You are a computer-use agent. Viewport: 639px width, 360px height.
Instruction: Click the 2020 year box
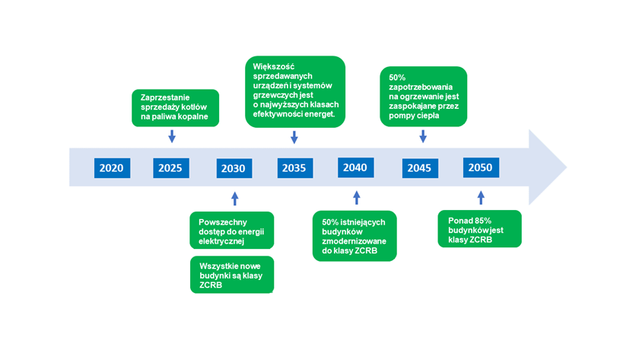coord(112,168)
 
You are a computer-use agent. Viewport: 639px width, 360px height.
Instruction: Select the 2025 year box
coord(171,168)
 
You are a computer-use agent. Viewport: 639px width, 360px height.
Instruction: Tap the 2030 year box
coord(234,168)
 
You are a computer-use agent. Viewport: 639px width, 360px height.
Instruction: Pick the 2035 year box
coord(295,168)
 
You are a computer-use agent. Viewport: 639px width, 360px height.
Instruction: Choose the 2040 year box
coord(356,167)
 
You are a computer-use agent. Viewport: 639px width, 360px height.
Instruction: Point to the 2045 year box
coord(420,168)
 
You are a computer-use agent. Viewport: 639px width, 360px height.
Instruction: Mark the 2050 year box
coord(481,167)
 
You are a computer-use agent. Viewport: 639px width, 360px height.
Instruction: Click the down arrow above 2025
coord(172,136)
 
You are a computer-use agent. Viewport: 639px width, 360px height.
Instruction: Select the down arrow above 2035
coord(294,137)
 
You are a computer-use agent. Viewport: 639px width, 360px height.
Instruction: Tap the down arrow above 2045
coord(423,136)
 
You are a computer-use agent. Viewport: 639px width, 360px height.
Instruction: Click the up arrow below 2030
coord(235,199)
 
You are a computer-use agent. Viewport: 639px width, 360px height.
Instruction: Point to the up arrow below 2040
coord(357,198)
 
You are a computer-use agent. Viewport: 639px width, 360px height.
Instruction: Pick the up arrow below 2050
coord(481,198)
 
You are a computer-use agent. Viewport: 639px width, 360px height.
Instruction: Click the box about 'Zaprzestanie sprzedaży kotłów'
coord(175,107)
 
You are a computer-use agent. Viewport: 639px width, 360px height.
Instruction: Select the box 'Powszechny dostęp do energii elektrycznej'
coord(232,231)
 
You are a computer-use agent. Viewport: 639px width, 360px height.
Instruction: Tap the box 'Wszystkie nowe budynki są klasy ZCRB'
coord(232,275)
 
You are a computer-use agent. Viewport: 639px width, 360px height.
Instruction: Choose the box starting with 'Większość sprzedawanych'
coord(295,92)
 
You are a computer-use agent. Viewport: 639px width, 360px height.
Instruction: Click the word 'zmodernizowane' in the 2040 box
coord(354,241)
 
